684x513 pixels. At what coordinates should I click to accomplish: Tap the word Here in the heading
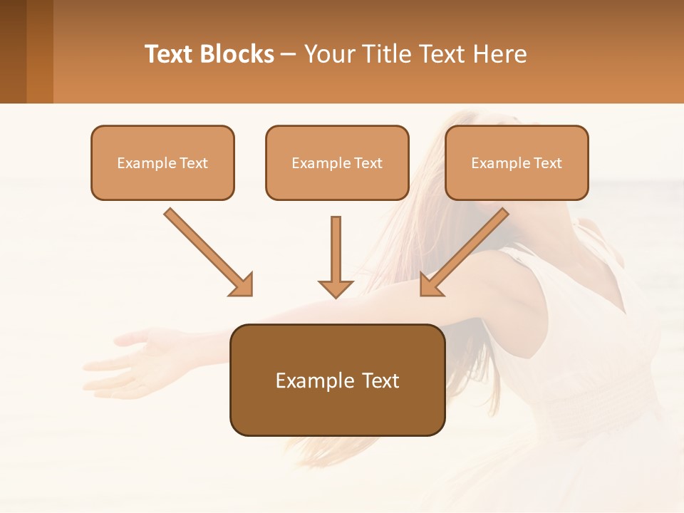coord(499,54)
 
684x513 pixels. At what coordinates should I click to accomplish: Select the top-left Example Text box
coord(162,163)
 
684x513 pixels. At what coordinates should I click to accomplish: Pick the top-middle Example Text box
coord(337,163)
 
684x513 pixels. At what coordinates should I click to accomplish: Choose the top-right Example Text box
coord(517,163)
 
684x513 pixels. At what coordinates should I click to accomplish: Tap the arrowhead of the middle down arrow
coord(336,288)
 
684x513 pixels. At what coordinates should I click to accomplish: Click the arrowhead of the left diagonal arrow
coord(242,284)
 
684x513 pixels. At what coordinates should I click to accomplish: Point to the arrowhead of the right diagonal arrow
coord(430,284)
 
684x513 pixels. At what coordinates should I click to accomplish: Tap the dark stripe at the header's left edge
coord(13,51)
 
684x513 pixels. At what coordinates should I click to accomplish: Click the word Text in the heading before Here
coord(440,54)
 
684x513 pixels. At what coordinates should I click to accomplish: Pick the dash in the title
coord(289,55)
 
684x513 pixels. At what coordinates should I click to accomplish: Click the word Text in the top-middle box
coord(367,163)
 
